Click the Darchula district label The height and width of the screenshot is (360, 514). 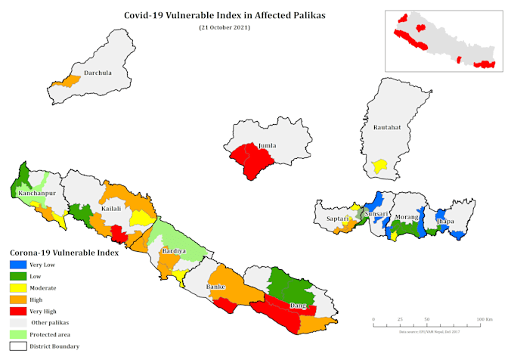tap(98, 73)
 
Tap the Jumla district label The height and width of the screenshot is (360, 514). tap(267, 146)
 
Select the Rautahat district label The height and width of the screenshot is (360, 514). tap(386, 128)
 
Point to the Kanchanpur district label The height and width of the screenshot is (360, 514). tap(36, 194)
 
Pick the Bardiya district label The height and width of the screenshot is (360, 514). tap(175, 250)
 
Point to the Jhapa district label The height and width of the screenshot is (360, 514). tap(444, 222)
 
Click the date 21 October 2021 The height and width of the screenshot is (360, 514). tap(224, 27)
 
